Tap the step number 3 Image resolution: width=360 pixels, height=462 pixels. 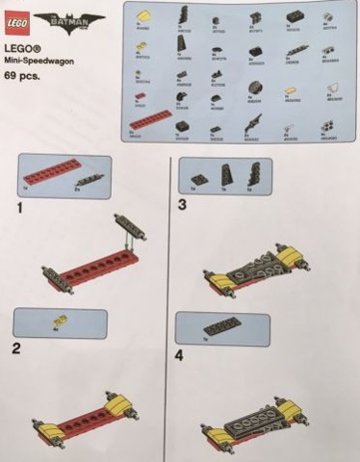[x=182, y=205]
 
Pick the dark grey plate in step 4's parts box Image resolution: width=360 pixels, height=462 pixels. [x=223, y=328]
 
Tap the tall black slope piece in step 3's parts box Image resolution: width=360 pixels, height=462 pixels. [x=225, y=175]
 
